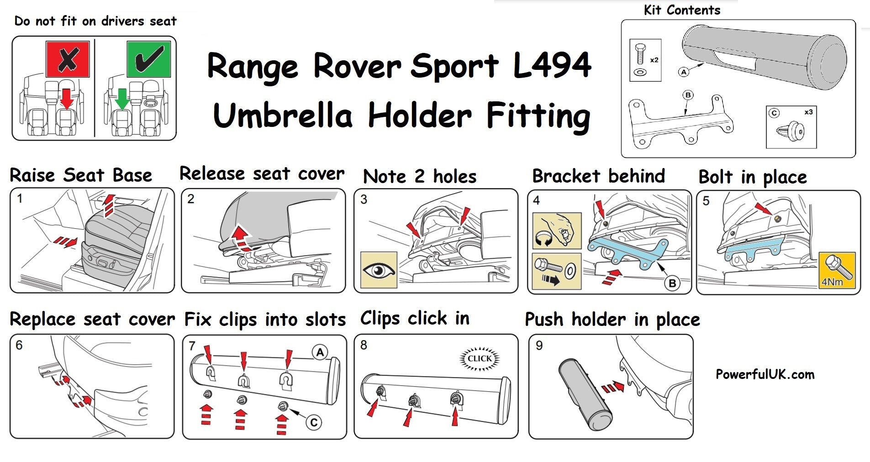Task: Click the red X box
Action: [x=68, y=59]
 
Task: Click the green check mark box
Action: [x=149, y=59]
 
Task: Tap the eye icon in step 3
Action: [x=379, y=270]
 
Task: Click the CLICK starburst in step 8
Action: [x=479, y=358]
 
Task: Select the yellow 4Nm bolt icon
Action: [x=837, y=270]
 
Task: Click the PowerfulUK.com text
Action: [x=765, y=374]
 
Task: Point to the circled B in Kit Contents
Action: [x=688, y=95]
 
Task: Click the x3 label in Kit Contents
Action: [x=808, y=112]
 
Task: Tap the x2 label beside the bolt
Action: [x=654, y=60]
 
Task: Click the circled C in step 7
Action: [x=314, y=422]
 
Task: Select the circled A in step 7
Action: [x=320, y=352]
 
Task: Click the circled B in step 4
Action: [x=672, y=283]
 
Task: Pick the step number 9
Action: [x=539, y=345]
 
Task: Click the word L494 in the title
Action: [x=552, y=65]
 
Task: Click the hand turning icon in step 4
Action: [x=557, y=231]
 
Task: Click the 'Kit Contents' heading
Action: [x=682, y=10]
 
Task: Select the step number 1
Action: [x=20, y=199]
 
